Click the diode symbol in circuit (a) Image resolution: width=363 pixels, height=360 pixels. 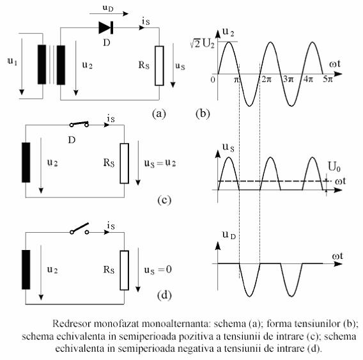pos(106,27)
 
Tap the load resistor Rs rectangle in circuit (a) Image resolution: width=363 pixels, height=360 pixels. pos(159,66)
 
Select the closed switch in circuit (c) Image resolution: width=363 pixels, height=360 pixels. pos(79,124)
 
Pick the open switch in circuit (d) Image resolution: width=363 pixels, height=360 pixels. pos(79,229)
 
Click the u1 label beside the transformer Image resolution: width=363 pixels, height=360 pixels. pos(13,61)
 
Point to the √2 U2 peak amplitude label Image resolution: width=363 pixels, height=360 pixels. pos(202,43)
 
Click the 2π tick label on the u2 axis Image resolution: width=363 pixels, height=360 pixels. pos(266,79)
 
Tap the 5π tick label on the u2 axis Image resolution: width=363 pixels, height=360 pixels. pos(328,79)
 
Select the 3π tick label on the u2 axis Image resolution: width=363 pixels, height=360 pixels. pos(288,79)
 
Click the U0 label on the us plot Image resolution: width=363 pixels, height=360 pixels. pos(334,166)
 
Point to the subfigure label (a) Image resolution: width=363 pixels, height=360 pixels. pos(159,114)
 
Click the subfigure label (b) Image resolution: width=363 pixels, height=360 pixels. pos(203,114)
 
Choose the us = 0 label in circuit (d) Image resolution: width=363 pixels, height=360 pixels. pos(158,270)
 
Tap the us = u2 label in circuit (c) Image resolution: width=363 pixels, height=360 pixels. pos(160,163)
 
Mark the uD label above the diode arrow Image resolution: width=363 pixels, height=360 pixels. pos(108,8)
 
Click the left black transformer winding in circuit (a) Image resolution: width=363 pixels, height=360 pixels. pos(42,65)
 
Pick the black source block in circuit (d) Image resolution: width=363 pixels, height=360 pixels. pos(26,270)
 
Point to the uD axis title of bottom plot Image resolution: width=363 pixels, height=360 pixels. pos(229,235)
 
